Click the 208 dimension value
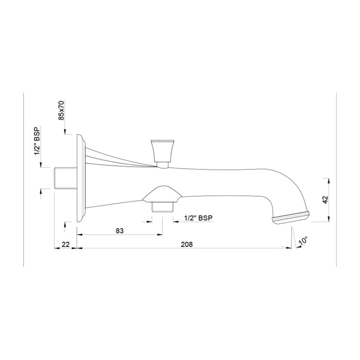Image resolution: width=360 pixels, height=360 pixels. click(187, 244)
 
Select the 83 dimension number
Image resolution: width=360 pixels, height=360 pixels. click(120, 231)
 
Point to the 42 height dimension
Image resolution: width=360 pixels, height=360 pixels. click(326, 200)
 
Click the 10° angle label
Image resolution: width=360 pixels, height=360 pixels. click(303, 241)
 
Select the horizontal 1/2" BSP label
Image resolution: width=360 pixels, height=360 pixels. click(199, 218)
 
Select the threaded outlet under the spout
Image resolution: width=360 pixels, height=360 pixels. click(162, 207)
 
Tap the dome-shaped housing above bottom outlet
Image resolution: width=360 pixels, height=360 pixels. click(162, 194)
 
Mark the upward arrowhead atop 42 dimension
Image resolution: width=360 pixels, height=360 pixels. click(329, 180)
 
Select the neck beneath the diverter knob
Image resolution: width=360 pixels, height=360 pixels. click(163, 164)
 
